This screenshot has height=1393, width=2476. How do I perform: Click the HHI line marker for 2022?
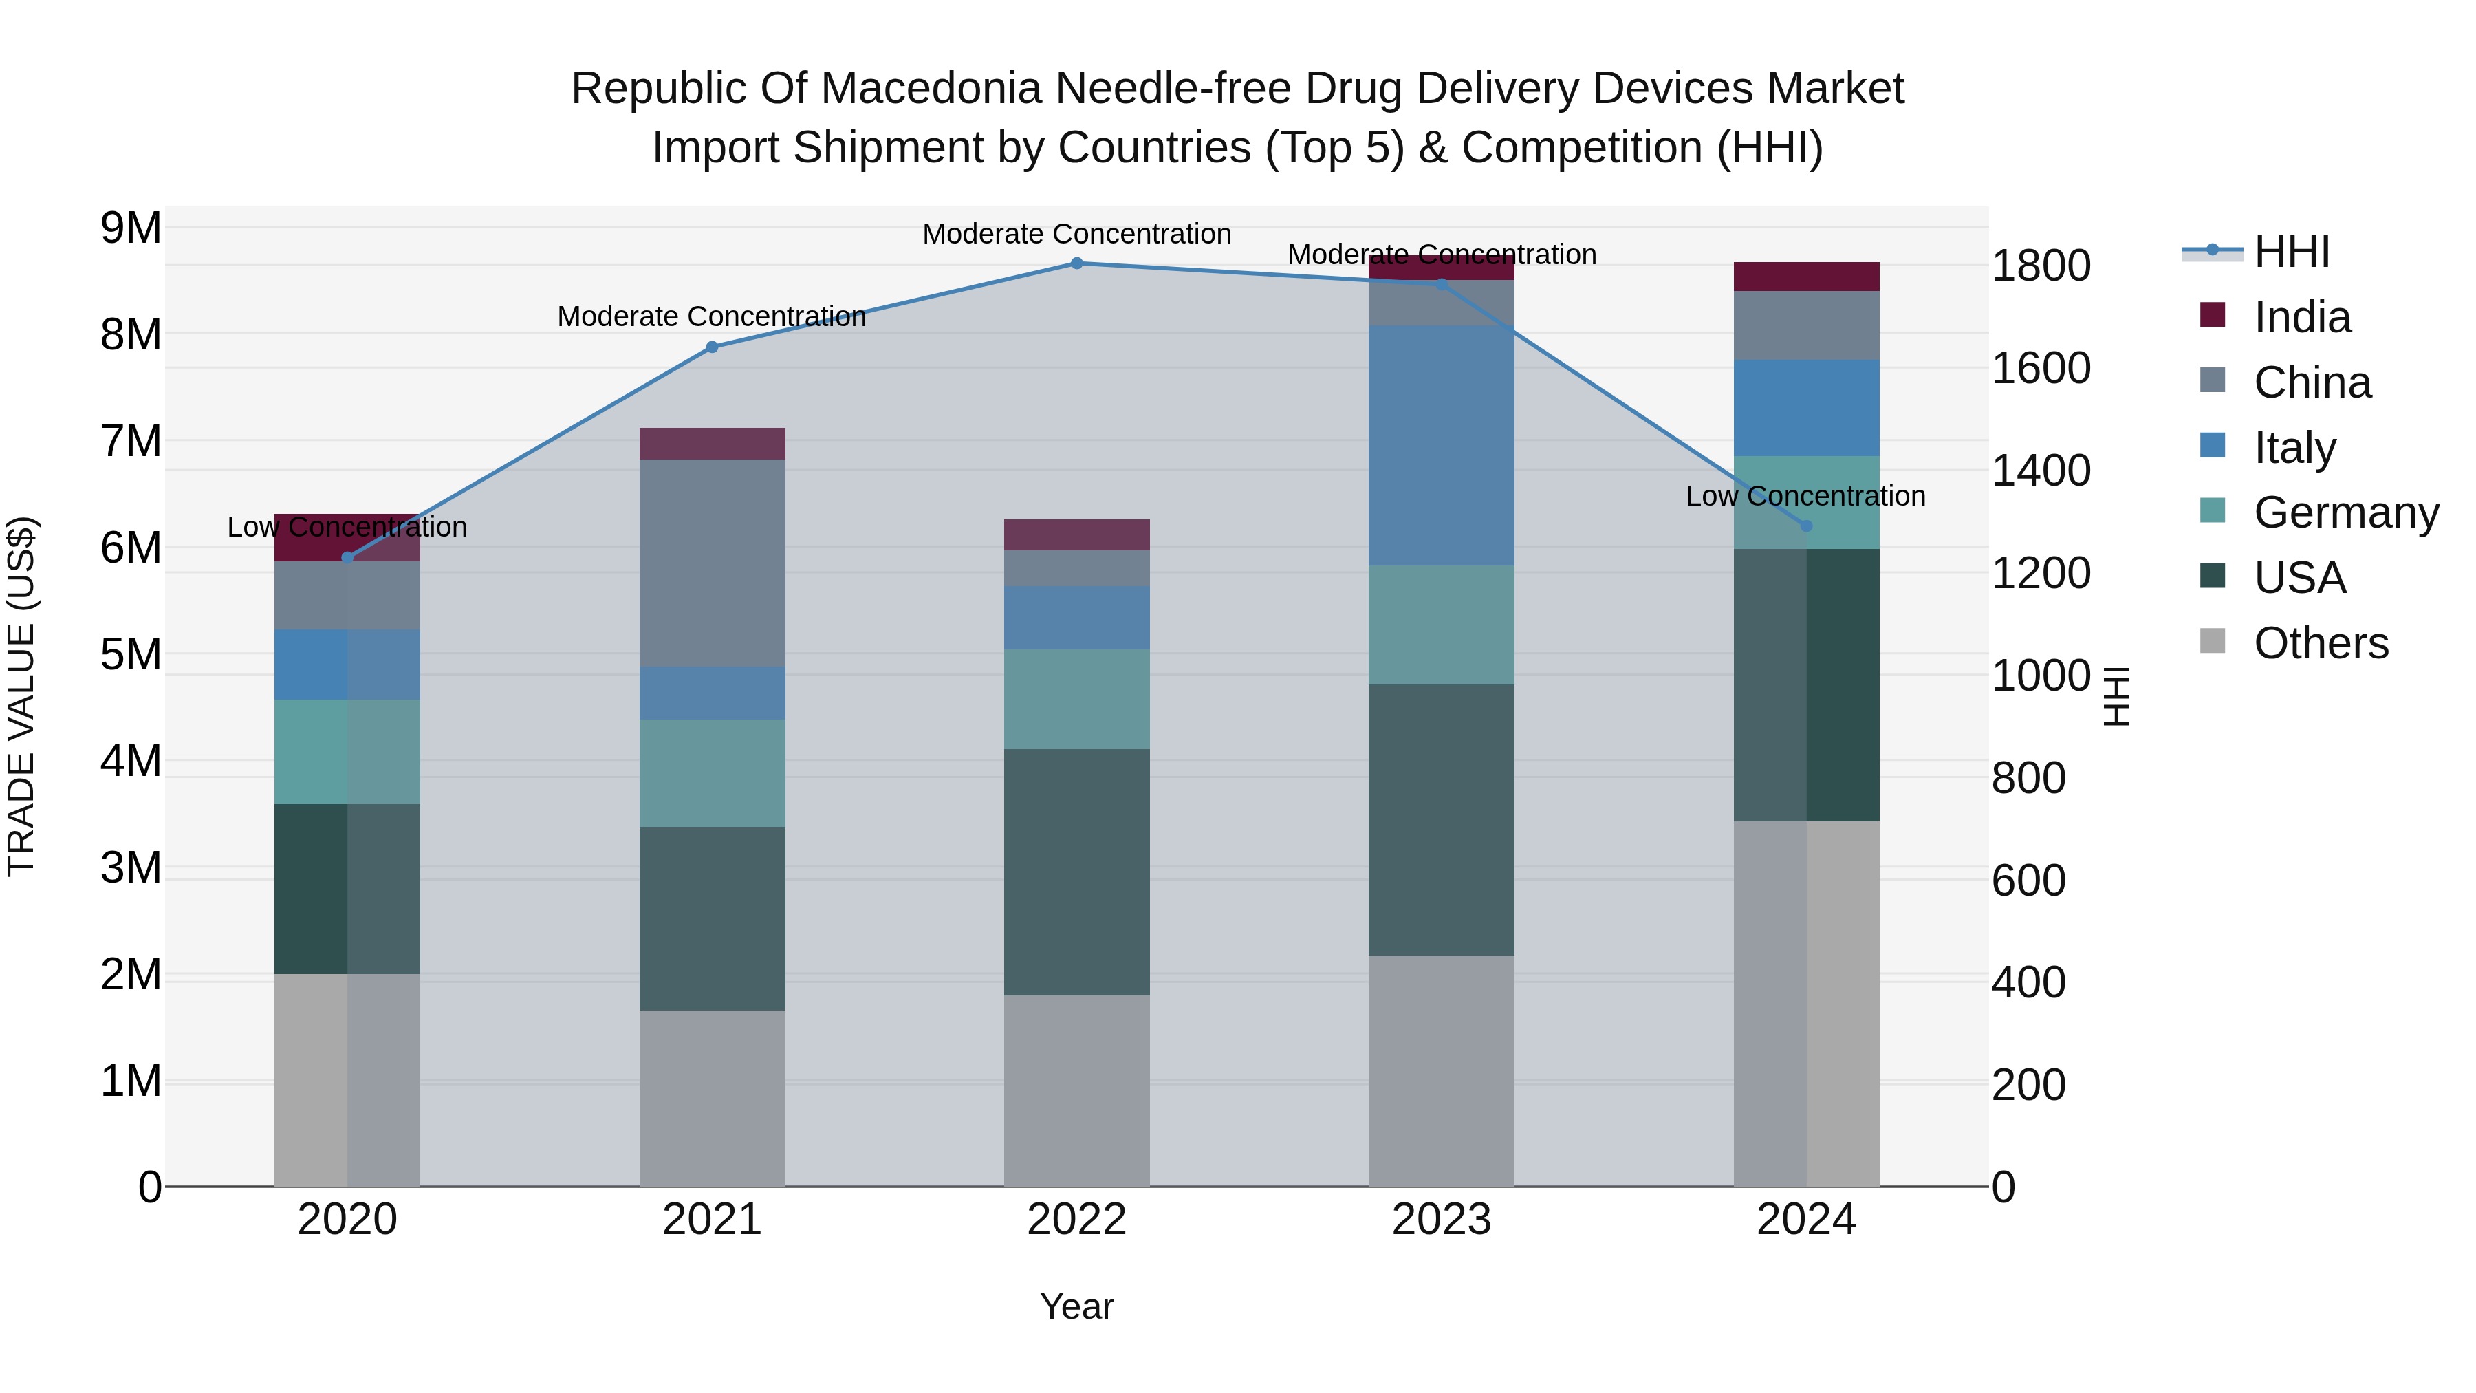pyautogui.click(x=1076, y=263)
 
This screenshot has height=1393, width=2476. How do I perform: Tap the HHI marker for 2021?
pyautogui.click(x=713, y=347)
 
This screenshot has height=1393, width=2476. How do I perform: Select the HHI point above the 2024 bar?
pyautogui.click(x=1805, y=526)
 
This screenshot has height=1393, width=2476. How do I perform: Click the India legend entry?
pyautogui.click(x=2301, y=317)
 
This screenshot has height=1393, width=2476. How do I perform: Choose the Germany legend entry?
pyautogui.click(x=2345, y=512)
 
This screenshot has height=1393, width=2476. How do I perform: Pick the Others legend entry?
pyautogui.click(x=2321, y=643)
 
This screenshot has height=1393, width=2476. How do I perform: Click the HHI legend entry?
pyautogui.click(x=2292, y=252)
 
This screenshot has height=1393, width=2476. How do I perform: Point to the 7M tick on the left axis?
pyautogui.click(x=131, y=442)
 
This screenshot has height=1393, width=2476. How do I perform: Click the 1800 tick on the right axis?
pyautogui.click(x=2040, y=266)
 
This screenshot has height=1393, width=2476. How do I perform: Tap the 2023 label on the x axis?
pyautogui.click(x=1441, y=1220)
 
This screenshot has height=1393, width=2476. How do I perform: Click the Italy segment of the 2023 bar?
pyautogui.click(x=1441, y=444)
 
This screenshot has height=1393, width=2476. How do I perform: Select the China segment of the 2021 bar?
pyautogui.click(x=713, y=563)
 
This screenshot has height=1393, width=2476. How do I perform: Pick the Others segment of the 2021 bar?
pyautogui.click(x=713, y=1098)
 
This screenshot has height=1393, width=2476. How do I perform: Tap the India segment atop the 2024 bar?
pyautogui.click(x=1805, y=276)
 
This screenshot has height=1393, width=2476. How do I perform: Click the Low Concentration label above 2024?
pyautogui.click(x=1805, y=496)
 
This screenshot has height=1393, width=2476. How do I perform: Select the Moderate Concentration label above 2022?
pyautogui.click(x=1076, y=234)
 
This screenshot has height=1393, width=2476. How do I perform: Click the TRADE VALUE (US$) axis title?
pyautogui.click(x=21, y=696)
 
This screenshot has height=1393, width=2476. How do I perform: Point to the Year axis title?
pyautogui.click(x=1076, y=1306)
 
